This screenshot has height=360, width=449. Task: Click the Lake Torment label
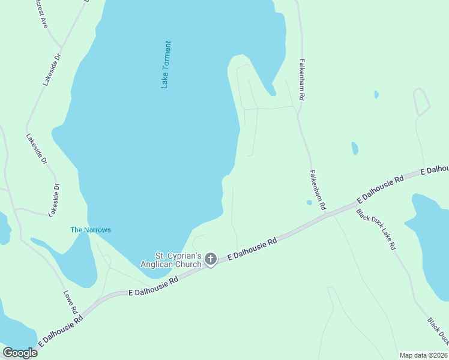(166, 65)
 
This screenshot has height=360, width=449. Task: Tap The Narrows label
(91, 230)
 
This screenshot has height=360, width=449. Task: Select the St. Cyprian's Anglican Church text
(171, 260)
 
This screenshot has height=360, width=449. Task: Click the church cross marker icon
(210, 259)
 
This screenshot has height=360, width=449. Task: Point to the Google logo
(20, 352)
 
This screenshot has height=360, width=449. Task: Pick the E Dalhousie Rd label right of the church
(252, 249)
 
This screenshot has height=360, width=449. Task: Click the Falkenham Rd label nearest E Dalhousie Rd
(318, 190)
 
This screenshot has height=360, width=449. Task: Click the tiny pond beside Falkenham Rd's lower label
(309, 203)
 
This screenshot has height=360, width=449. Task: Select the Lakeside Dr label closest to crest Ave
(52, 70)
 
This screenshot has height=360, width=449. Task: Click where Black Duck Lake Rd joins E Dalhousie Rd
(354, 205)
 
